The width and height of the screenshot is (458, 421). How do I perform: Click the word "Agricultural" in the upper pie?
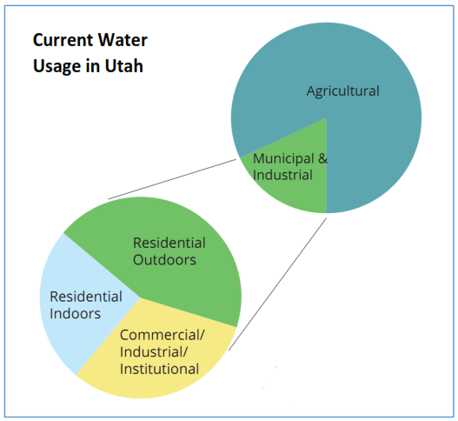pos(342,90)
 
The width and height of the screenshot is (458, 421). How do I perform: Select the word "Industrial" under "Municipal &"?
pos(282,175)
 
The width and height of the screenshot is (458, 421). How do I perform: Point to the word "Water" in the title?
pos(124,40)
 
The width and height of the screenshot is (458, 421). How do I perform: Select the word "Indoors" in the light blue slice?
pos(75,313)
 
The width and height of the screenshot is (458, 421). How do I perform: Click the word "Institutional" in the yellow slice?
pos(159,369)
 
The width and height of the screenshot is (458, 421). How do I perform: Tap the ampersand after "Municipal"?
pos(322,159)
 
